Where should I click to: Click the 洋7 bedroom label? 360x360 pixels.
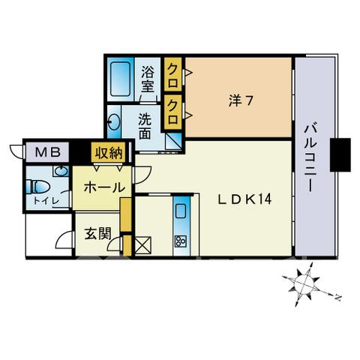[x=241, y=101]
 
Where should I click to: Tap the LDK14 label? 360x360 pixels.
[x=244, y=199]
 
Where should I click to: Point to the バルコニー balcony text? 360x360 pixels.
[x=310, y=158]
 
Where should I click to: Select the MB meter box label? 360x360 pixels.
[x=48, y=152]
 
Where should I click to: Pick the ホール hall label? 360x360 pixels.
[x=104, y=187]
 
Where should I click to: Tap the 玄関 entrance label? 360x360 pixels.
[x=97, y=234]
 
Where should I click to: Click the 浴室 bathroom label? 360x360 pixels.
[x=147, y=79]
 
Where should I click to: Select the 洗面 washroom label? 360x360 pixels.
[x=145, y=126]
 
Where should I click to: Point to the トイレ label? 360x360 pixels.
[x=46, y=201]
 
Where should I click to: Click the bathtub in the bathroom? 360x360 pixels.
[x=120, y=79]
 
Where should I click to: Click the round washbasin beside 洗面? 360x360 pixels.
[x=115, y=122]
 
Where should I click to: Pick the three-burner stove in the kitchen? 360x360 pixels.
[x=181, y=241]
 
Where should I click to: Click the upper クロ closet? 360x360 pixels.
[x=172, y=74]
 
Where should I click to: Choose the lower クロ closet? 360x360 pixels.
[x=172, y=112]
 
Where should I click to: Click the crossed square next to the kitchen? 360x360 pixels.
[x=143, y=244]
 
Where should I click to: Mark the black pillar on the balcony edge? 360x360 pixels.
[x=340, y=154]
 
